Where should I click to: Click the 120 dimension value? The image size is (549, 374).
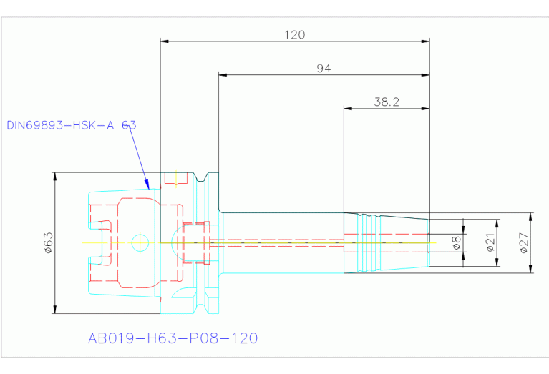tap(294, 35)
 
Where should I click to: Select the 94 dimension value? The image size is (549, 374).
tap(324, 68)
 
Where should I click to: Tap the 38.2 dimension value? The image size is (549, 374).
tap(387, 102)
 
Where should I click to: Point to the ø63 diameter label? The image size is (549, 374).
tap(49, 242)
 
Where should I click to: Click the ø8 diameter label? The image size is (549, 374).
tap(457, 242)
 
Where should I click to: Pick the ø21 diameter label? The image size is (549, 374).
tap(490, 242)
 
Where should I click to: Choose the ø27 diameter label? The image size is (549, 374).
tap(523, 242)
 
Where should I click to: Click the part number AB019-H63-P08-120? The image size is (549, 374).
tap(173, 338)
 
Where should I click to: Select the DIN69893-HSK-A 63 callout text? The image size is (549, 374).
tap(72, 125)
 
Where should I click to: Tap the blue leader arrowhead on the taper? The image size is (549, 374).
tap(147, 184)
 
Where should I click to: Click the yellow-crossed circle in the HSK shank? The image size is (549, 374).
tap(140, 242)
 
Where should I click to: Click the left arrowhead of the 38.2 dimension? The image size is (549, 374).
tap(348, 109)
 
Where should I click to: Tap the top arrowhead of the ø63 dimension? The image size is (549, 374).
tap(55, 177)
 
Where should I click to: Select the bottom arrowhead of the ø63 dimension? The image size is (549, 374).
tap(55, 309)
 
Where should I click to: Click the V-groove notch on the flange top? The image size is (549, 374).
tap(200, 177)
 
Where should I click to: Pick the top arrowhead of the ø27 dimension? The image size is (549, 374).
tap(531, 217)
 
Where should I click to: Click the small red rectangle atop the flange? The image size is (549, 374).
tap(176, 178)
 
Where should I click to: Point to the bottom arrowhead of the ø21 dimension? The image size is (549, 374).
tap(497, 262)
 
